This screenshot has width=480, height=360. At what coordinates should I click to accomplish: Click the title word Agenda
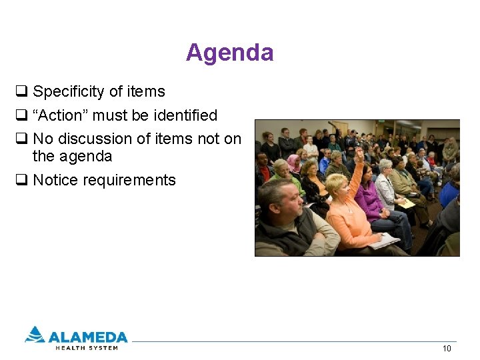[229, 53]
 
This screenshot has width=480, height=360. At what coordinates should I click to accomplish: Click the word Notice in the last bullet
[55, 180]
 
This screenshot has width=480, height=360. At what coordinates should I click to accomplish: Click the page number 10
[447, 349]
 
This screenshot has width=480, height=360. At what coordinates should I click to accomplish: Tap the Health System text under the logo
[86, 347]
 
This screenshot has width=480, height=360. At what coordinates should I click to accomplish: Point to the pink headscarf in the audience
[293, 162]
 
